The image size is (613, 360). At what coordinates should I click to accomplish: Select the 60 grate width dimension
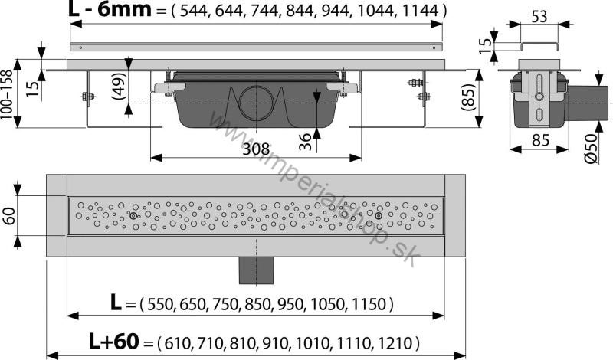click(9, 216)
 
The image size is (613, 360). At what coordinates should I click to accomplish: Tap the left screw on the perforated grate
click(134, 217)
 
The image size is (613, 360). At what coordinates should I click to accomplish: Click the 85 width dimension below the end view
click(542, 139)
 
